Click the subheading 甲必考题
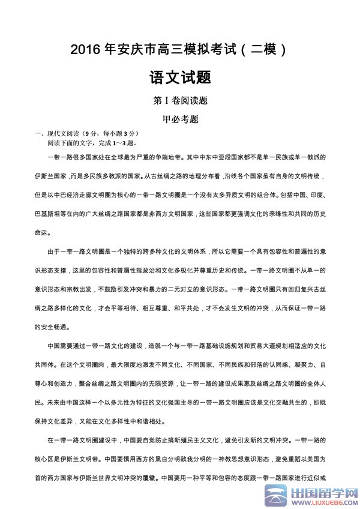(181, 119)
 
